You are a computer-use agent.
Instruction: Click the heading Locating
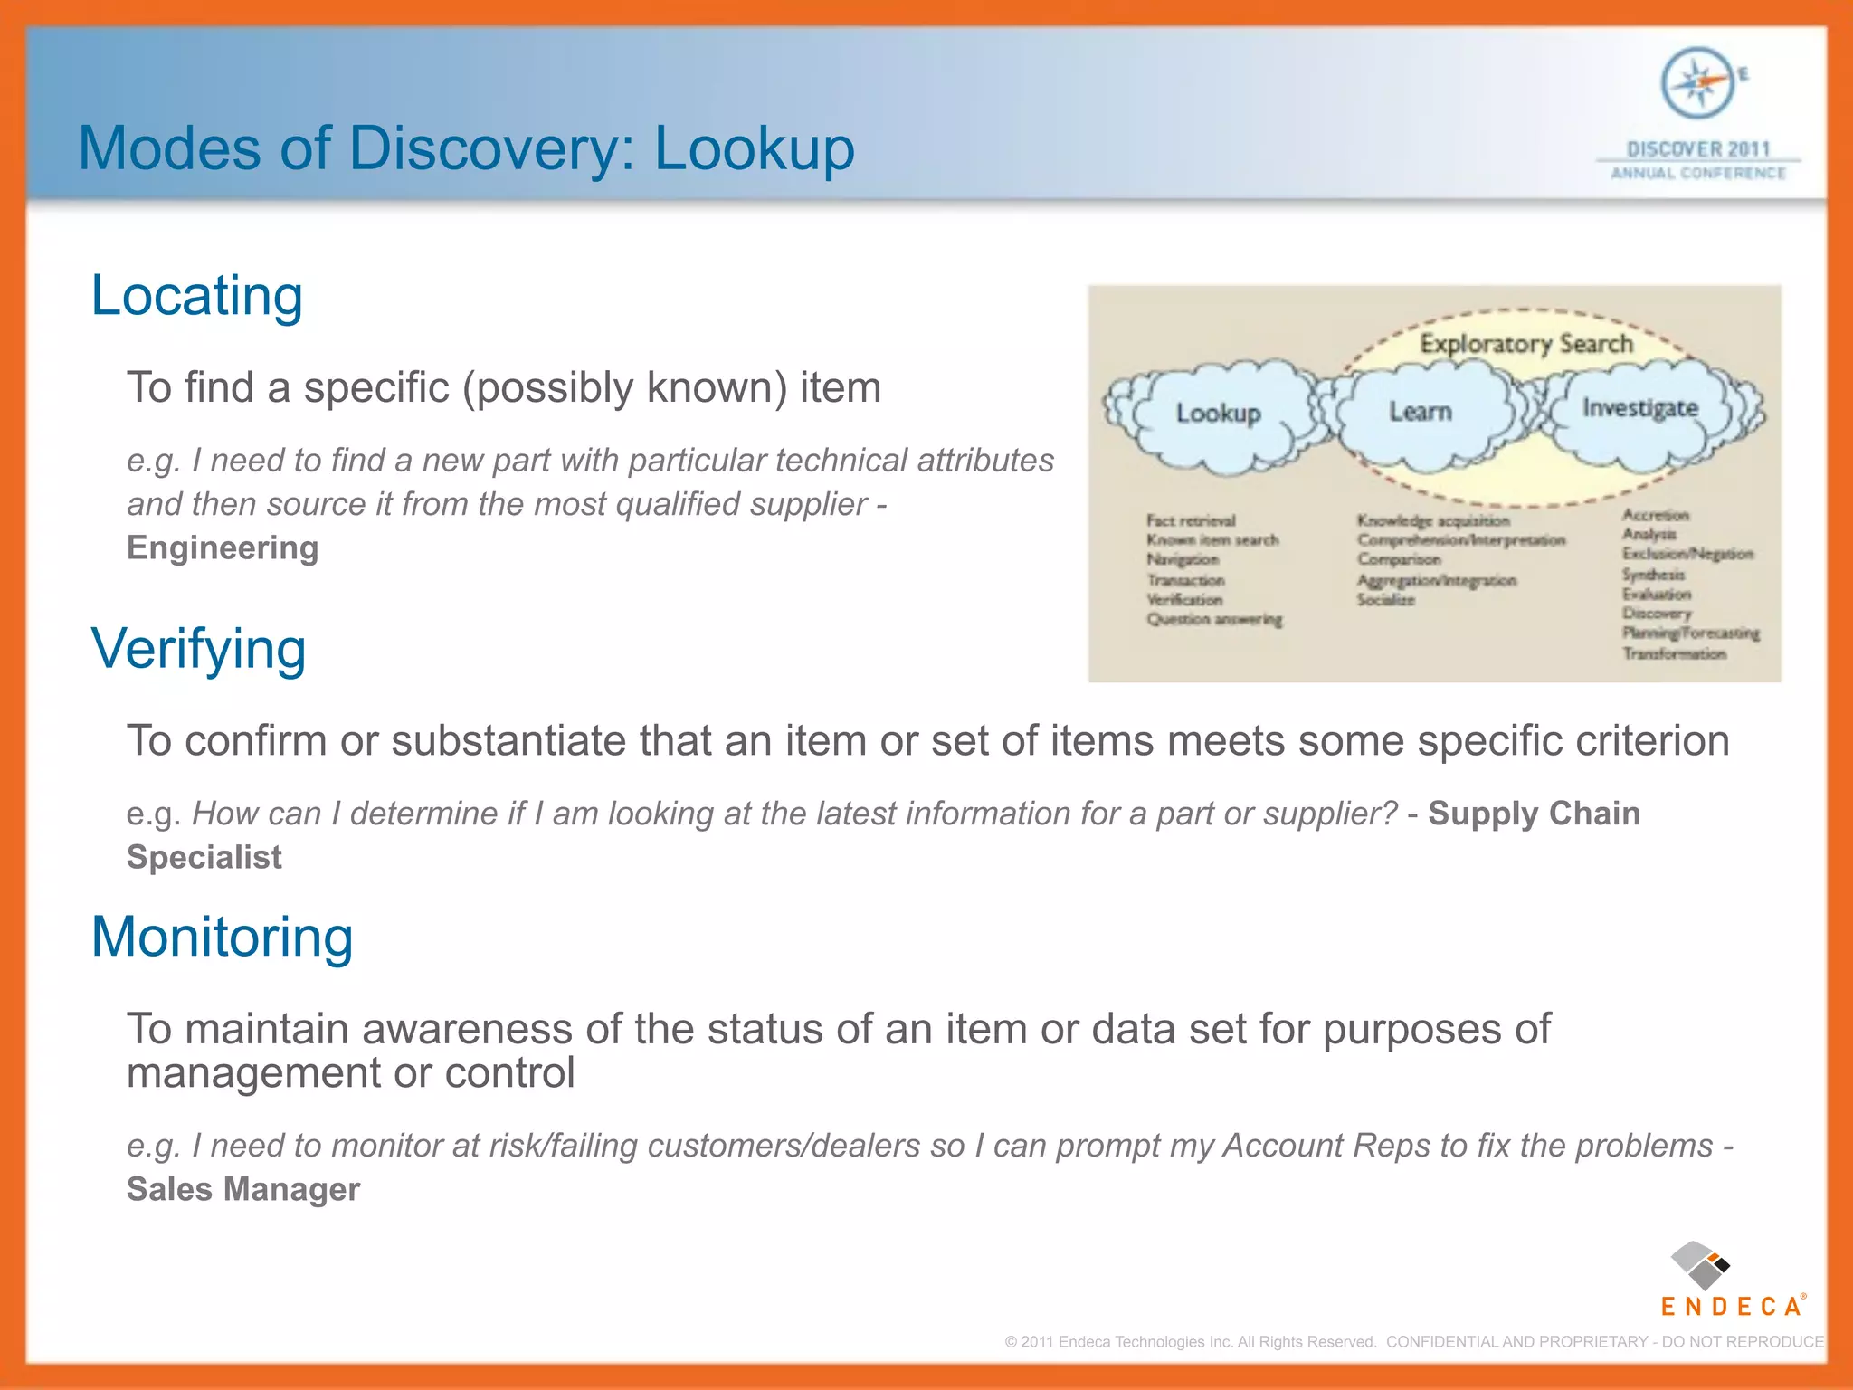[196, 296]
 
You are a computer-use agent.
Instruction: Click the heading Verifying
[198, 649]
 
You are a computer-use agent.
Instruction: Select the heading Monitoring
[222, 937]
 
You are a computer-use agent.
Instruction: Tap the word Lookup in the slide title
[754, 148]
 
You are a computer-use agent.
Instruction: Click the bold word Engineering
[223, 548]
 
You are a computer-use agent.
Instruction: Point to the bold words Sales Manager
[243, 1189]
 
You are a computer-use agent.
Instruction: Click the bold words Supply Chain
[1534, 814]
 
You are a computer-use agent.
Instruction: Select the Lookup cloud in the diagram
[1218, 414]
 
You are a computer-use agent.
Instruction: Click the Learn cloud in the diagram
[1421, 412]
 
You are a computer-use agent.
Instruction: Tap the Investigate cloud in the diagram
[1639, 408]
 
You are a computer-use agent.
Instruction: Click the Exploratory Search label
[1525, 344]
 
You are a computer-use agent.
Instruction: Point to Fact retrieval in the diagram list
[1190, 520]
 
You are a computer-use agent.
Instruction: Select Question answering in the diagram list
[1214, 620]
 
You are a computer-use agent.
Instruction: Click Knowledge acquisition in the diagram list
[1433, 520]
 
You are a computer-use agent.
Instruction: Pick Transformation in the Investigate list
[1674, 653]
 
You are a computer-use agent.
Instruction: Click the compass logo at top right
[1697, 83]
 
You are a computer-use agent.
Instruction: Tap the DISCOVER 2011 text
[1697, 148]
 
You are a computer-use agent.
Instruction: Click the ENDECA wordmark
[1731, 1307]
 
